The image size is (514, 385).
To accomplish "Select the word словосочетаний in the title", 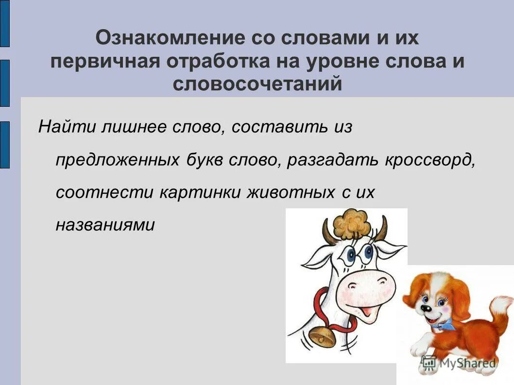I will pos(257,84).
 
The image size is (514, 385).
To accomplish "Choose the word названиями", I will pos(105,224).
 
